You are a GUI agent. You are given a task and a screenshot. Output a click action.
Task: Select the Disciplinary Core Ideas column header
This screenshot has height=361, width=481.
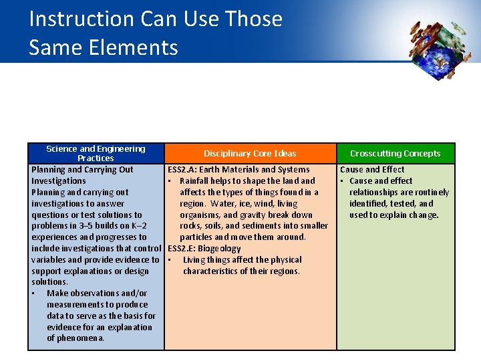click(250, 154)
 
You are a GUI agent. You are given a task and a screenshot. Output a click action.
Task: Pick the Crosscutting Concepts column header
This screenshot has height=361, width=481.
click(395, 154)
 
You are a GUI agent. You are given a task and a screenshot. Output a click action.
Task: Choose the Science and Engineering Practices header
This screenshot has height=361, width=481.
click(96, 153)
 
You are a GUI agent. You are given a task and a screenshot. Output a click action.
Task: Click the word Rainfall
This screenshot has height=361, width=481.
click(196, 181)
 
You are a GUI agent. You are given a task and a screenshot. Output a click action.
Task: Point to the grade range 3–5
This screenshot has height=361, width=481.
click(88, 226)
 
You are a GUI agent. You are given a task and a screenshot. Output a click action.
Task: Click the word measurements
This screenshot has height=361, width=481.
click(75, 305)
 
